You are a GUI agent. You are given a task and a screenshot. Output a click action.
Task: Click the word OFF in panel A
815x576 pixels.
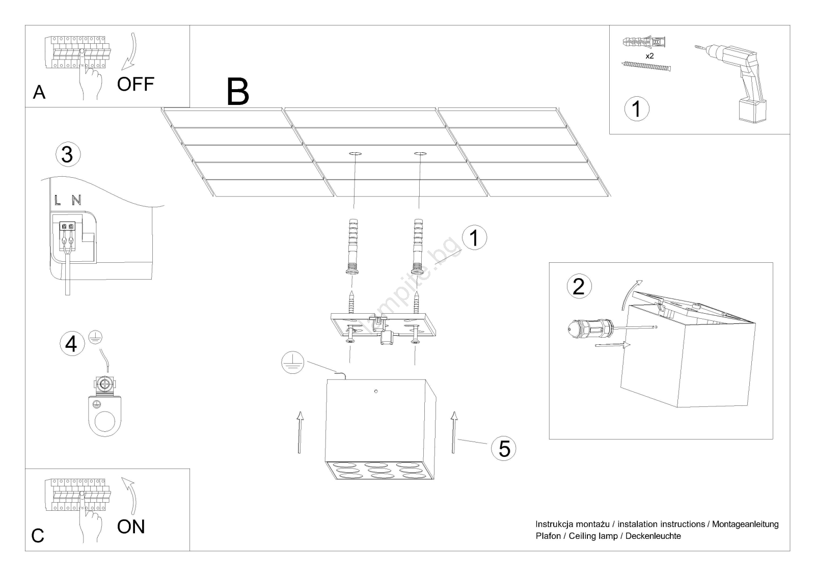click(x=135, y=84)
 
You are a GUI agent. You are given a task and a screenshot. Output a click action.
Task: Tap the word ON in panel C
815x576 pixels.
click(x=131, y=527)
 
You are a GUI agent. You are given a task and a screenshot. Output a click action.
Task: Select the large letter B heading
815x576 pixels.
click(x=238, y=92)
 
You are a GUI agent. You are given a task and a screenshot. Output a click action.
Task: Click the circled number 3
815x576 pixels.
click(x=67, y=154)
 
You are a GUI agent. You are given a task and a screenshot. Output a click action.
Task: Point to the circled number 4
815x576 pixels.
click(x=71, y=344)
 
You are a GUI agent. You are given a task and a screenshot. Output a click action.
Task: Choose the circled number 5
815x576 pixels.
click(x=504, y=449)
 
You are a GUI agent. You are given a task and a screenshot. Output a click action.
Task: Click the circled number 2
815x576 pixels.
click(x=579, y=286)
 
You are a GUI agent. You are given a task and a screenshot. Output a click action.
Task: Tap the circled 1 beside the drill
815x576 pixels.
click(x=636, y=108)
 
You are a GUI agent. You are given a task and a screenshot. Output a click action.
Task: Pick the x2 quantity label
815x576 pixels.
click(x=649, y=57)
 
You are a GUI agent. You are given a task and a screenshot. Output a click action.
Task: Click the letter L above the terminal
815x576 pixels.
click(x=58, y=200)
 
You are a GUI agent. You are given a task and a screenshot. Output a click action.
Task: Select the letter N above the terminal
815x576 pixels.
click(x=76, y=200)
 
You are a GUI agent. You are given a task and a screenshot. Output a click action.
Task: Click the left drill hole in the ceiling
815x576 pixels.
click(x=355, y=153)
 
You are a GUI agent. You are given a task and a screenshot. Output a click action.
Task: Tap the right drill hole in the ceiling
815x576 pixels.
click(x=420, y=153)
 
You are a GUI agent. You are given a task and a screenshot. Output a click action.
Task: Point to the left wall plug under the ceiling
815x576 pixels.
click(x=352, y=247)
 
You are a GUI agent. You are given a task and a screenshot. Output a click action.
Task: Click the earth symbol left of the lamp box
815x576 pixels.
click(x=292, y=363)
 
